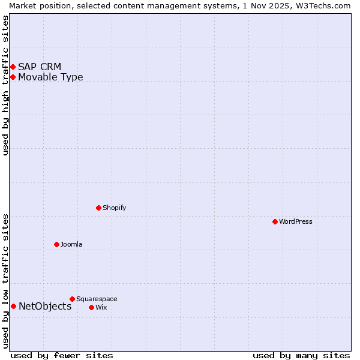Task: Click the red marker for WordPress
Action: [275, 221]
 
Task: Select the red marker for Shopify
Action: [99, 208]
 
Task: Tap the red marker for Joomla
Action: [57, 244]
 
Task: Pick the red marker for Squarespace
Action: [73, 299]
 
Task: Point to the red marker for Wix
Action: [92, 307]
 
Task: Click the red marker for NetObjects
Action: [13, 306]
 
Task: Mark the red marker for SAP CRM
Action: [13, 67]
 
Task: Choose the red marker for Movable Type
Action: [13, 77]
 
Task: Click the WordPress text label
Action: [296, 221]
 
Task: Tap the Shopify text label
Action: [114, 208]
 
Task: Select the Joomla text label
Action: [71, 244]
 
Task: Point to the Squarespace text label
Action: [97, 299]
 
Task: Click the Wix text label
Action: [101, 307]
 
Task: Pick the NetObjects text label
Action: [45, 306]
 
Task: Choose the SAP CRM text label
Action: [40, 67]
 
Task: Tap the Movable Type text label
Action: [50, 77]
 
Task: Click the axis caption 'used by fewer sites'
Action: [62, 355]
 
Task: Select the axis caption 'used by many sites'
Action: [301, 355]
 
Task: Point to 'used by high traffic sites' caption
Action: [5, 85]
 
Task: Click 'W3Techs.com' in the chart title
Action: [322, 5]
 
